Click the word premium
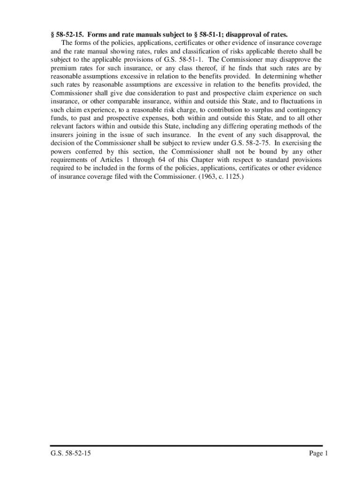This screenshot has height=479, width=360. click(63, 68)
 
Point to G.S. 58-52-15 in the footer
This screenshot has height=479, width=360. click(71, 453)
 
